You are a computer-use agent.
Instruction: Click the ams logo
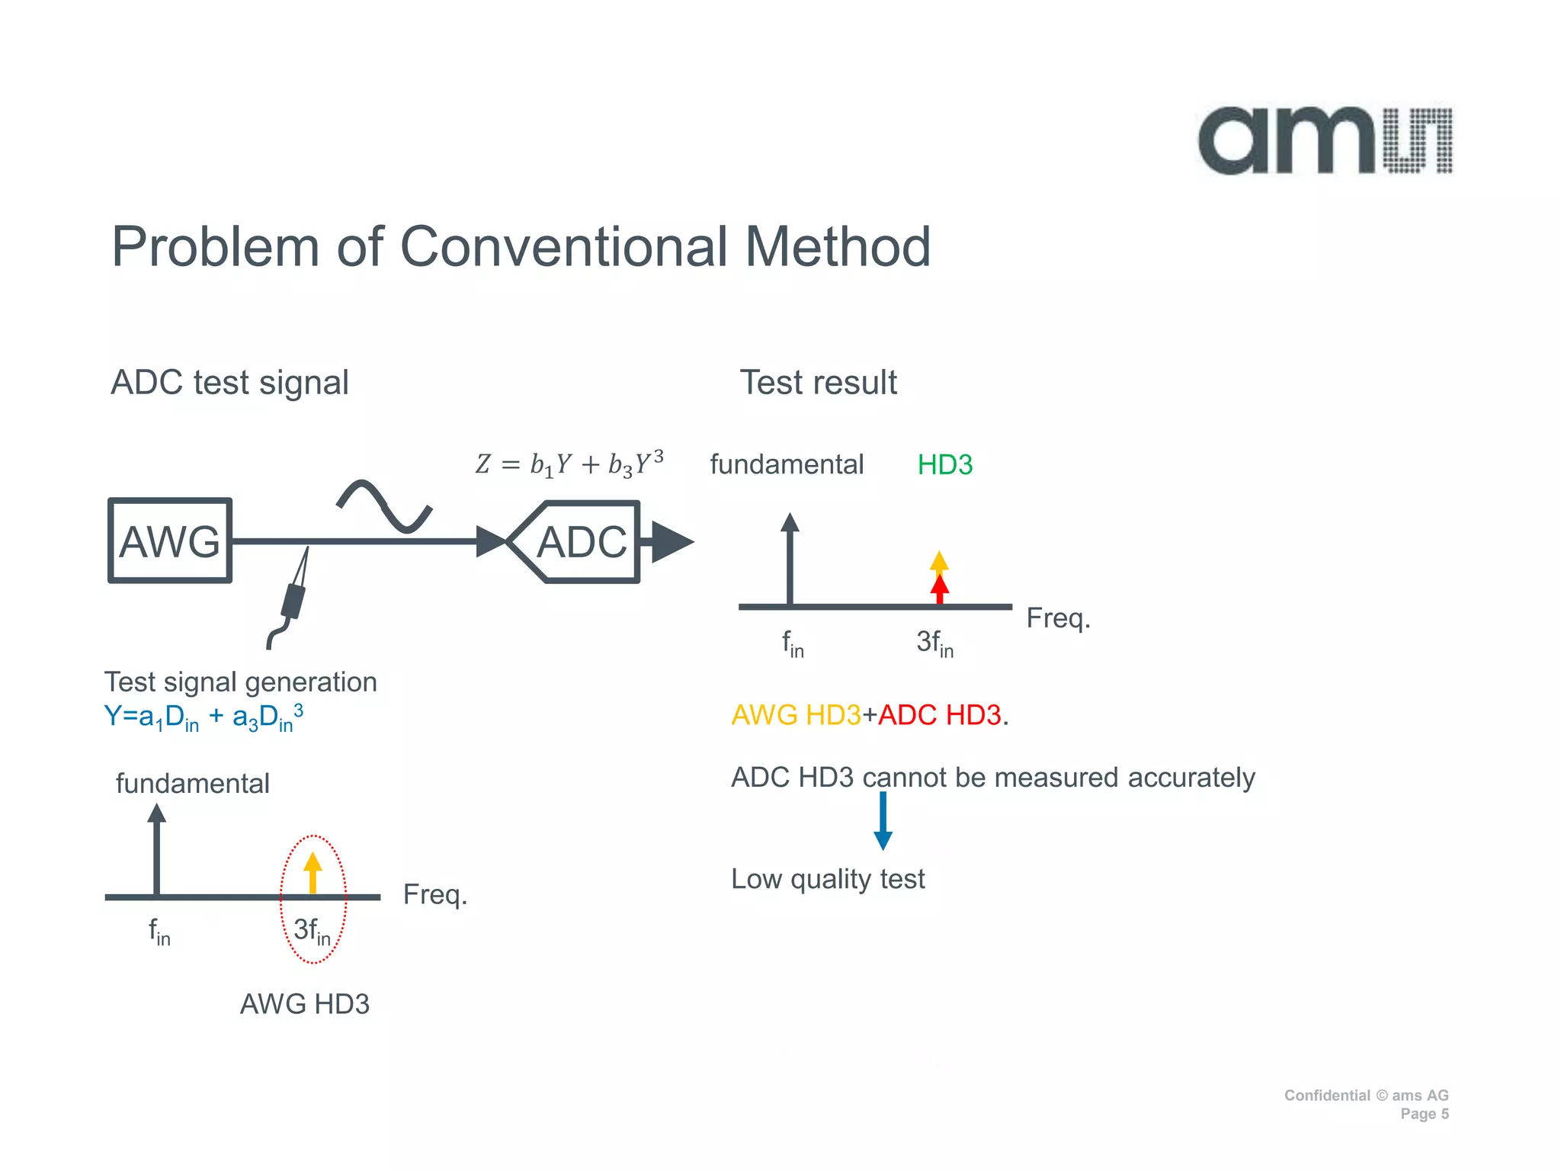pyautogui.click(x=1325, y=141)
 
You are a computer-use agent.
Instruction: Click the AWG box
pyautogui.click(x=170, y=541)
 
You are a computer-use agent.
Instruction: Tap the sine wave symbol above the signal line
pyautogui.click(x=385, y=505)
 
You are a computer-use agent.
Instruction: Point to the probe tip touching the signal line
pyautogui.click(x=306, y=550)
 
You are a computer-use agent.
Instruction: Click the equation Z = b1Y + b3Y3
pyautogui.click(x=569, y=464)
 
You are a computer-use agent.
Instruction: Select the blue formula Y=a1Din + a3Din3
pyautogui.click(x=204, y=717)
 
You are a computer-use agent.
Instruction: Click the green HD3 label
pyautogui.click(x=944, y=464)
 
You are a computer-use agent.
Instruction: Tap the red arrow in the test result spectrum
pyautogui.click(x=940, y=589)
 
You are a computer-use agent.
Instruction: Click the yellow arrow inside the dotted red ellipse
pyautogui.click(x=313, y=872)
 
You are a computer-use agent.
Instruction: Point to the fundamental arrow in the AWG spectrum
pyautogui.click(x=157, y=849)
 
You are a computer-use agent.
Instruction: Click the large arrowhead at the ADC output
pyautogui.click(x=672, y=542)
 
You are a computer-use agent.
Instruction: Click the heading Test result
pyautogui.click(x=818, y=382)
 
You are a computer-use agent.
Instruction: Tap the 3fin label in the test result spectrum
pyautogui.click(x=934, y=643)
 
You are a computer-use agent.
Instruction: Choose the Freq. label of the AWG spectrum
pyautogui.click(x=434, y=894)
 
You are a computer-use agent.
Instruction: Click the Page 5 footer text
pyautogui.click(x=1424, y=1114)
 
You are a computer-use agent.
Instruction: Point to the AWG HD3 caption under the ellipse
pyautogui.click(x=304, y=1004)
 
